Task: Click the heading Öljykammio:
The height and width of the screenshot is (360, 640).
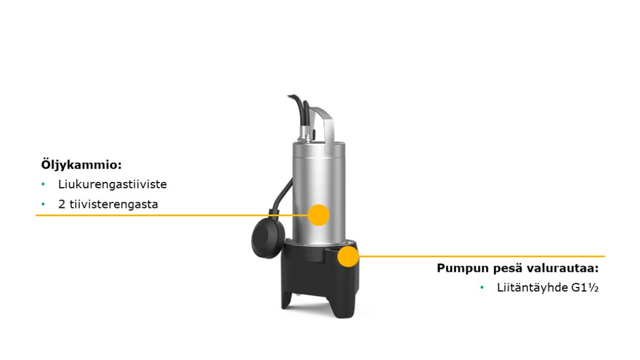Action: click(81, 165)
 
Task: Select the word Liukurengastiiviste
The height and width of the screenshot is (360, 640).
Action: click(112, 184)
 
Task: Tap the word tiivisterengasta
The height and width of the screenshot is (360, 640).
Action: click(113, 204)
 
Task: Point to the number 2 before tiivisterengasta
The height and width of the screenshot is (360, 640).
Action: click(62, 204)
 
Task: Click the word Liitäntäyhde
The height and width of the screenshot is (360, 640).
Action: click(532, 288)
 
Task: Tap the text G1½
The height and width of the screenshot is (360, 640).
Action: click(585, 288)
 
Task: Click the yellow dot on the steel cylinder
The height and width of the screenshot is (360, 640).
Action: click(318, 215)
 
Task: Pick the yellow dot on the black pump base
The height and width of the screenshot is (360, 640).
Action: click(348, 256)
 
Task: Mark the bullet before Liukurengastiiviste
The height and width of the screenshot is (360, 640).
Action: click(43, 184)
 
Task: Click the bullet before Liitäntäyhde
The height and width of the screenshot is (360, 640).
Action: click(482, 288)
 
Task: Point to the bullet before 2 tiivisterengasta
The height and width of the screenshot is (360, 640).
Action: click(43, 204)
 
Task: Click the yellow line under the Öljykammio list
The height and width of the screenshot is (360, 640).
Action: click(172, 215)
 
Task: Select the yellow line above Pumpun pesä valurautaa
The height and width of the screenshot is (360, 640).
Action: click(482, 256)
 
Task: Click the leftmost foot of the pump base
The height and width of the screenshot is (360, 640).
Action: click(288, 300)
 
